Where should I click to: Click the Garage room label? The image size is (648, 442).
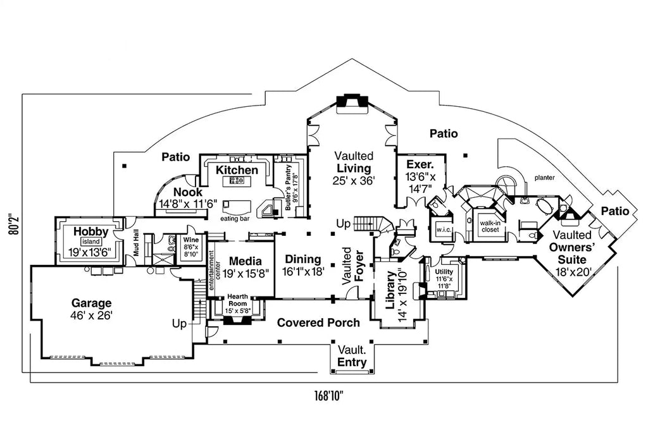tap(91, 303)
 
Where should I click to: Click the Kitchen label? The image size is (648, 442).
tap(237, 170)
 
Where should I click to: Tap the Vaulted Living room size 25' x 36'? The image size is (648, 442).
tap(354, 180)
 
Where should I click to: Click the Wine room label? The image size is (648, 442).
tap(190, 240)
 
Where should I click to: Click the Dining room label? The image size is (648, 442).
tap(303, 259)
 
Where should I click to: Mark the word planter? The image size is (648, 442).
tap(544, 178)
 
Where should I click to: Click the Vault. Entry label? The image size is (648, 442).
tap(351, 356)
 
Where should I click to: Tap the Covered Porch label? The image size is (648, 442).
tap(318, 322)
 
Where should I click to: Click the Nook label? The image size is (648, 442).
tap(188, 192)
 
